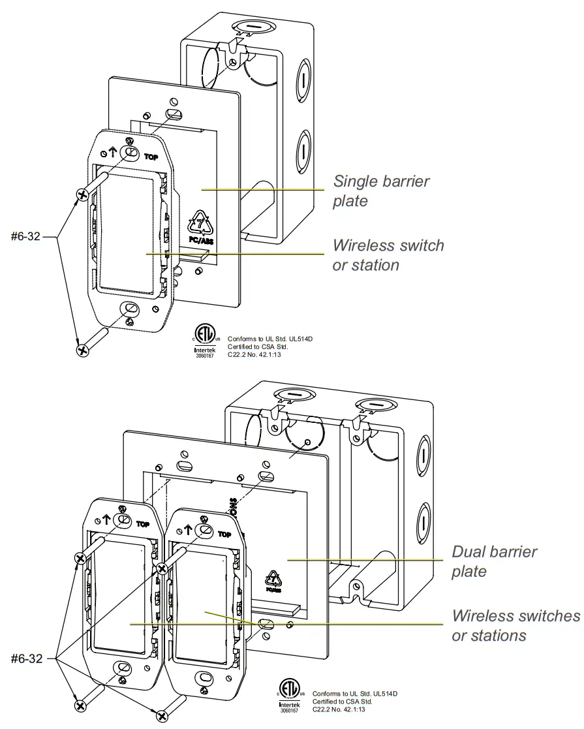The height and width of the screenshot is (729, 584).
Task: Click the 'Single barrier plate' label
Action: pos(381,191)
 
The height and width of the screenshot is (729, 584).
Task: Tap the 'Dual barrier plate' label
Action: pos(494,561)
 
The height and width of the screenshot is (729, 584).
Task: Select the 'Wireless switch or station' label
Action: pos(388,255)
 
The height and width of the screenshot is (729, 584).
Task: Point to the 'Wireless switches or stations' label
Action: pos(515,625)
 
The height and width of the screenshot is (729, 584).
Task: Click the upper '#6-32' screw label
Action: pos(26,237)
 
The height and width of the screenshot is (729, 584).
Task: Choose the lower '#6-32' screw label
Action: pos(26,659)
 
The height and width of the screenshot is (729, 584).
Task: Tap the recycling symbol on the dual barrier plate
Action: pos(272,578)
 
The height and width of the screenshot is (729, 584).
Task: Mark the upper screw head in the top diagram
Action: pos(83,194)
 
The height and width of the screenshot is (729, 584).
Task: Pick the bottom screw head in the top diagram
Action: pos(83,350)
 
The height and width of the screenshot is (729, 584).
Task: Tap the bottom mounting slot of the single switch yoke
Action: pos(131,309)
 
